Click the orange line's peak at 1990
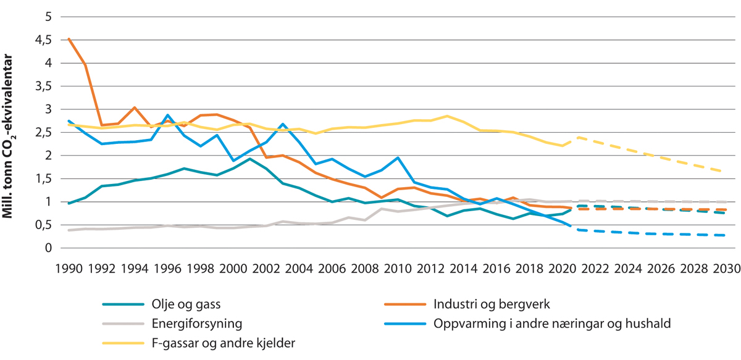point(69,39)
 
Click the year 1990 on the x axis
point(69,269)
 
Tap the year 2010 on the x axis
point(396,269)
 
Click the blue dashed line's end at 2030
point(724,235)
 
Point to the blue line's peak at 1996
point(167,115)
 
